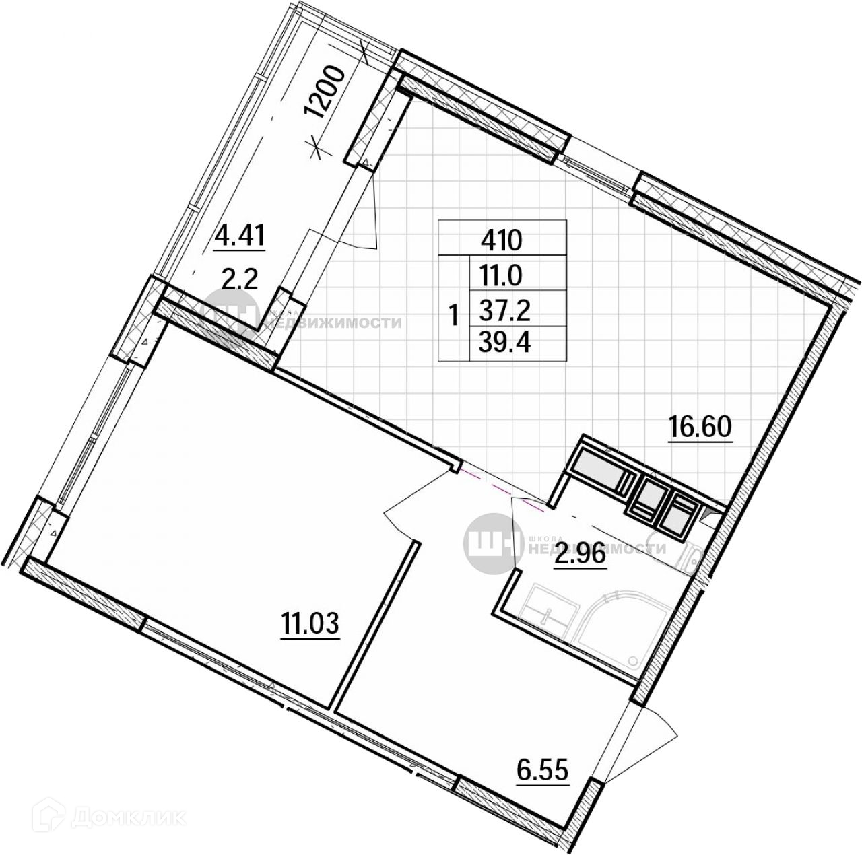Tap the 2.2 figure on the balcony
[240, 277]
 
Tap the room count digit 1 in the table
[454, 313]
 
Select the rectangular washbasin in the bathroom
[550, 609]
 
